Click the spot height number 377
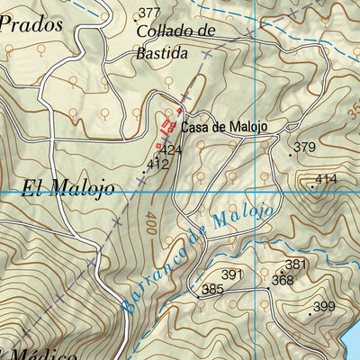[x=149, y=13]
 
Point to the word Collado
[x=164, y=31]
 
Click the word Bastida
[x=163, y=53]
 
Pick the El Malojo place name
[x=68, y=189]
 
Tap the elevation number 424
[x=172, y=150]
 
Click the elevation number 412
[x=158, y=164]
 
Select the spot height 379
[x=305, y=148]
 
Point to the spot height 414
[x=326, y=179]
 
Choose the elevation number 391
[x=233, y=274]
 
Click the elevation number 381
[x=296, y=265]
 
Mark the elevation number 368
[x=283, y=280]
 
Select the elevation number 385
[x=212, y=289]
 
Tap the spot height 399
[x=324, y=307]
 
